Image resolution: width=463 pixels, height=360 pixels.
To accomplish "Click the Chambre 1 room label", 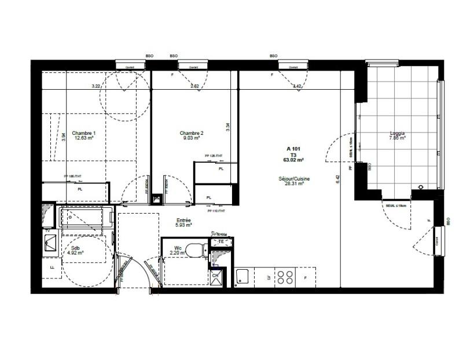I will click(83, 133).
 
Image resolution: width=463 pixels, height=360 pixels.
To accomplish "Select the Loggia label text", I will click(397, 133).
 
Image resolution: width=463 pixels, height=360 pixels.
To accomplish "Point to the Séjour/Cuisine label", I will click(294, 179).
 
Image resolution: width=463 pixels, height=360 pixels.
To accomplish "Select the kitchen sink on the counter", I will click(242, 277).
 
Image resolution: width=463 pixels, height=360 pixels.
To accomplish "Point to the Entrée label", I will click(184, 220).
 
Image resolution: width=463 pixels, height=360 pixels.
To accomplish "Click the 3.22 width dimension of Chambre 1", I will click(96, 86).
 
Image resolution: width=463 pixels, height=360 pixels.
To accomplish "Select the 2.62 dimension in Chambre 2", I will click(195, 86).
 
